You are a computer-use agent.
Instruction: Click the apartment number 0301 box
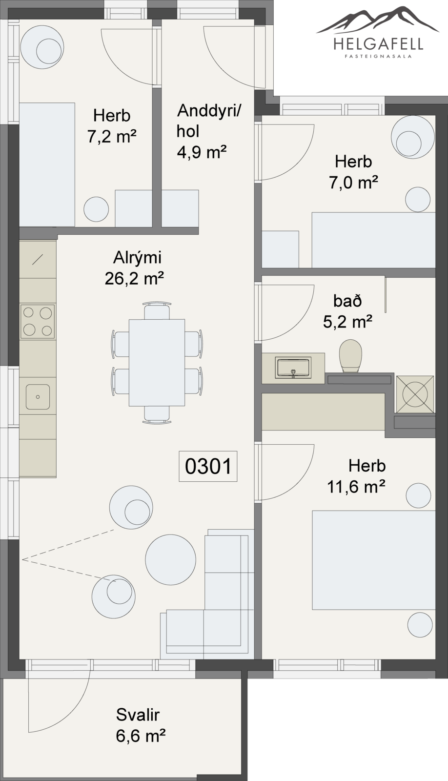coord(208,467)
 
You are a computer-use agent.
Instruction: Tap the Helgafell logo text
coord(378,44)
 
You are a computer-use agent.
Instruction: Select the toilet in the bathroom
coord(351,356)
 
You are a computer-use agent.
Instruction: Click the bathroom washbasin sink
coord(293,368)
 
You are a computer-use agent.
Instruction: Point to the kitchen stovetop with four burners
coord(38,322)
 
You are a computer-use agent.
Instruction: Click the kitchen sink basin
coord(38,397)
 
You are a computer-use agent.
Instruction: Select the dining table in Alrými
coord(157,362)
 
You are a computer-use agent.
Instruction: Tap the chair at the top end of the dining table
coord(157,310)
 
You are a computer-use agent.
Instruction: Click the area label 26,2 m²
coord(134,278)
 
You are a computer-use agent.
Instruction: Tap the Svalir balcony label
coord(138,713)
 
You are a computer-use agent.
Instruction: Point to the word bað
coord(347,301)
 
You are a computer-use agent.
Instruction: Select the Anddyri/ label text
coord(209,111)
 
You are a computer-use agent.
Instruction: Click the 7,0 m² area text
coord(353,183)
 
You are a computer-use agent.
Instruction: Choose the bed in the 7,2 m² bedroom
coord(47,164)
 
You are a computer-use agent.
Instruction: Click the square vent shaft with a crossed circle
coord(414,394)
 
